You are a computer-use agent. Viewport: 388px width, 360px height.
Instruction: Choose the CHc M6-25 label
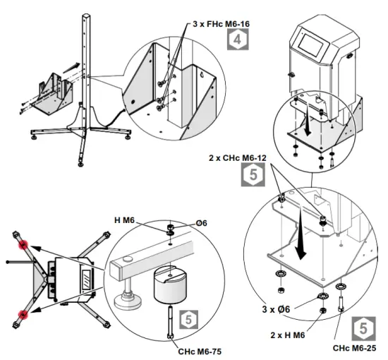[357, 347]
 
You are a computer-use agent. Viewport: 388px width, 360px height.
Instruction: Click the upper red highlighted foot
[23, 245]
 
